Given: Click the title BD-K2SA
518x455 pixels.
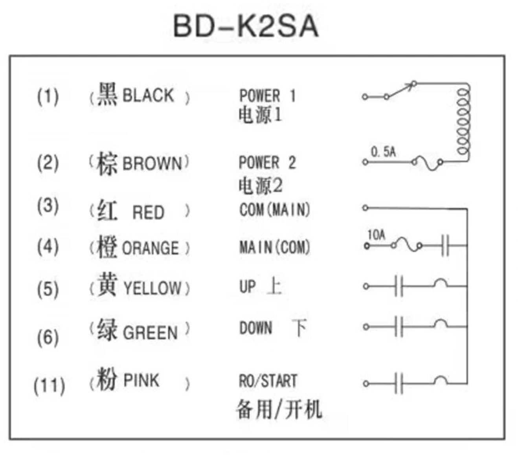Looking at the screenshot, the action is point(246,26).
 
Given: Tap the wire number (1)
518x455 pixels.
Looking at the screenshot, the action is point(48,97).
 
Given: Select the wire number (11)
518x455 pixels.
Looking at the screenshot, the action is point(50,386).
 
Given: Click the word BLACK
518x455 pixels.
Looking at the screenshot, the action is point(148,95).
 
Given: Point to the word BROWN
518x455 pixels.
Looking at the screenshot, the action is point(152,163).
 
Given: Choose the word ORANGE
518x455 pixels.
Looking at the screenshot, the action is point(151,248).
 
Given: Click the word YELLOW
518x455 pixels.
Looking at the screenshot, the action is point(152,288).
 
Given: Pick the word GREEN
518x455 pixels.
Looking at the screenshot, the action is point(151,332).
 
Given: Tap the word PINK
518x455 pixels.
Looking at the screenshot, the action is point(141,380).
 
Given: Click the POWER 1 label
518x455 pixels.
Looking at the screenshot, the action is point(267,96).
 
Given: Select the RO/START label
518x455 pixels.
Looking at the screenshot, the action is point(268,381).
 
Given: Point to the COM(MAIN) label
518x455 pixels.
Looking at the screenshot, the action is point(275,209).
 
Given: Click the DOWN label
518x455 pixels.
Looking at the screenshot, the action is point(256,328).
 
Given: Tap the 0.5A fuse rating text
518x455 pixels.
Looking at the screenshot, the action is point(383,152).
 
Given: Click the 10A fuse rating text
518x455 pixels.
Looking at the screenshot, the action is point(376,235).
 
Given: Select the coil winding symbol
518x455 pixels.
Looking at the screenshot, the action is point(463,122).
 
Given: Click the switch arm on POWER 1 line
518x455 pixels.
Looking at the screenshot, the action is point(400,90).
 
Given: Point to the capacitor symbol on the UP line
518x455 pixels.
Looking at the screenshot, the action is point(399,286).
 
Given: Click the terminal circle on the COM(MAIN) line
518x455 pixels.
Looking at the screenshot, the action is point(365,208).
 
